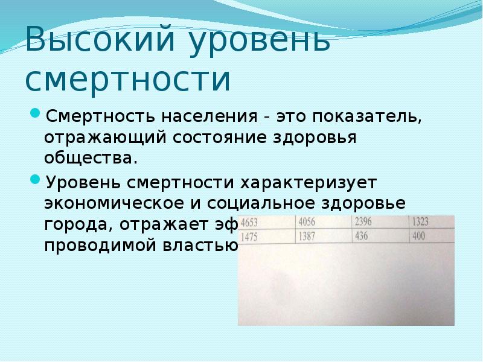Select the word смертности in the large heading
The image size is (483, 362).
pos(128,80)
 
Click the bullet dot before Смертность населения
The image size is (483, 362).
pos(36,113)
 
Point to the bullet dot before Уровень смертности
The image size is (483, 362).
pos(36,179)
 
